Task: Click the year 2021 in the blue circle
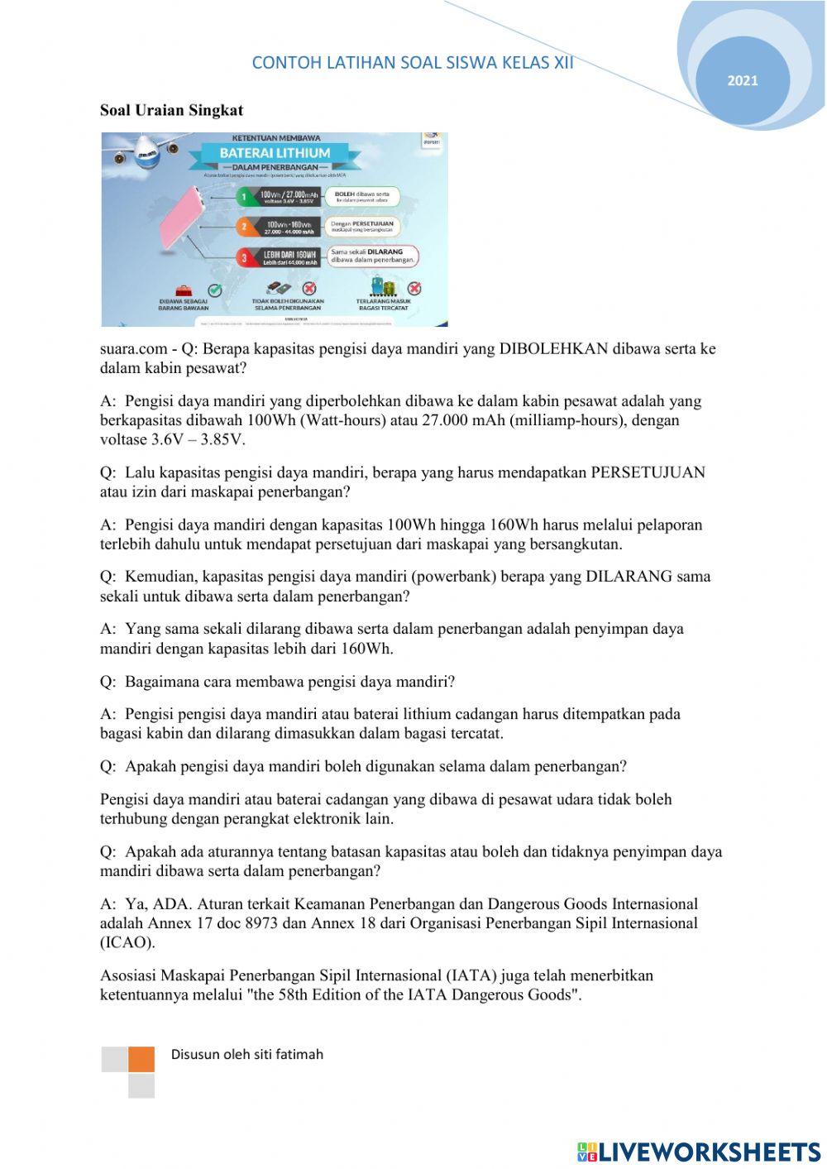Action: pyautogui.click(x=742, y=80)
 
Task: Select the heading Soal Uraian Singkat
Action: pyautogui.click(x=171, y=110)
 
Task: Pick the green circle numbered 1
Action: pyautogui.click(x=243, y=197)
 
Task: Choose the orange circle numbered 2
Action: pyautogui.click(x=243, y=226)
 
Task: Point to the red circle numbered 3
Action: pyautogui.click(x=244, y=257)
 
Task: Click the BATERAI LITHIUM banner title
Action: pyautogui.click(x=275, y=153)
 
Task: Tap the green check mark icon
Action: pyautogui.click(x=215, y=290)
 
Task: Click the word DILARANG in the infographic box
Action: pyautogui.click(x=385, y=251)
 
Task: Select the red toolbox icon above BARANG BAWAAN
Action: pyautogui.click(x=184, y=290)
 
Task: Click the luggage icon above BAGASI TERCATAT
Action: pyautogui.click(x=381, y=288)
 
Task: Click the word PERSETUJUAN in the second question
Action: pyautogui.click(x=648, y=472)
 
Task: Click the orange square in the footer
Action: pyautogui.click(x=141, y=1059)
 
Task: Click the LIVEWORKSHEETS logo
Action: pyautogui.click(x=699, y=1152)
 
